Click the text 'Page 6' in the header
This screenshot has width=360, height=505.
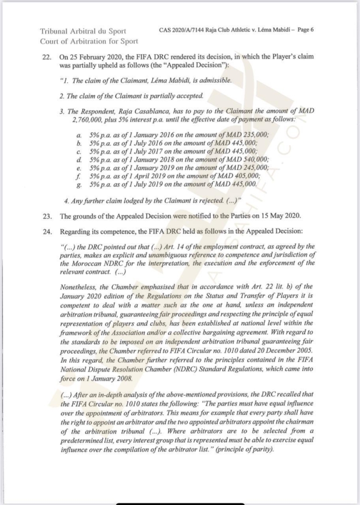304,30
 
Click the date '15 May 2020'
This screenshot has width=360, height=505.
277,216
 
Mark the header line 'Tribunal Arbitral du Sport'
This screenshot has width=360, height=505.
83,31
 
